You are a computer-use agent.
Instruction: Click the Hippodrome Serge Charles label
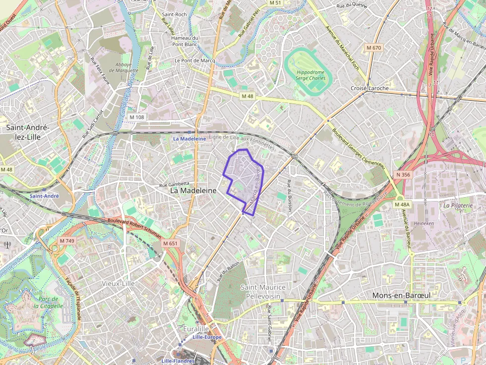click(310, 74)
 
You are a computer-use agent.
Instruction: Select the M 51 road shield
click(275, 3)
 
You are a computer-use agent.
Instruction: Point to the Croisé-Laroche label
click(369, 88)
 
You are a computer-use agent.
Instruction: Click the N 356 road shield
click(403, 174)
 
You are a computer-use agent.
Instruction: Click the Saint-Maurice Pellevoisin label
click(263, 292)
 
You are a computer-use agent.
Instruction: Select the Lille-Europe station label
click(207, 337)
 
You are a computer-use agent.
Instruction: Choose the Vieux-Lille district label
click(118, 283)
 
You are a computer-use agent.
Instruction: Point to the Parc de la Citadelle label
click(49, 302)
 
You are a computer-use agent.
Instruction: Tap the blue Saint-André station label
click(44, 196)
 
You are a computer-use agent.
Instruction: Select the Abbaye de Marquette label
click(123, 68)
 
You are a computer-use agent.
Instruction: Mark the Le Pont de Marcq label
click(194, 60)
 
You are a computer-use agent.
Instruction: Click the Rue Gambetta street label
click(174, 184)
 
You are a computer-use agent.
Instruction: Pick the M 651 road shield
click(170, 244)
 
